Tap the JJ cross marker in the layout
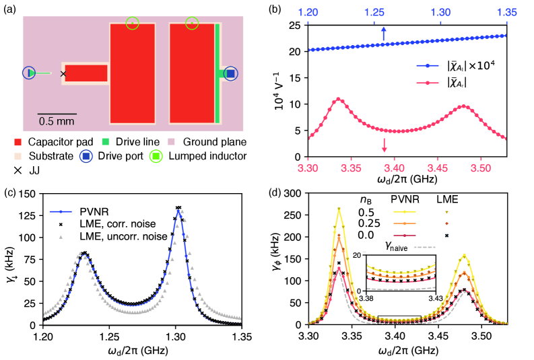pyautogui.click(x=63, y=73)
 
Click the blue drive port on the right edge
pyautogui.click(x=231, y=73)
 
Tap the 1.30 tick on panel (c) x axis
pyautogui.click(x=177, y=335)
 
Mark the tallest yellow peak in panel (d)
pyautogui.click(x=339, y=208)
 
